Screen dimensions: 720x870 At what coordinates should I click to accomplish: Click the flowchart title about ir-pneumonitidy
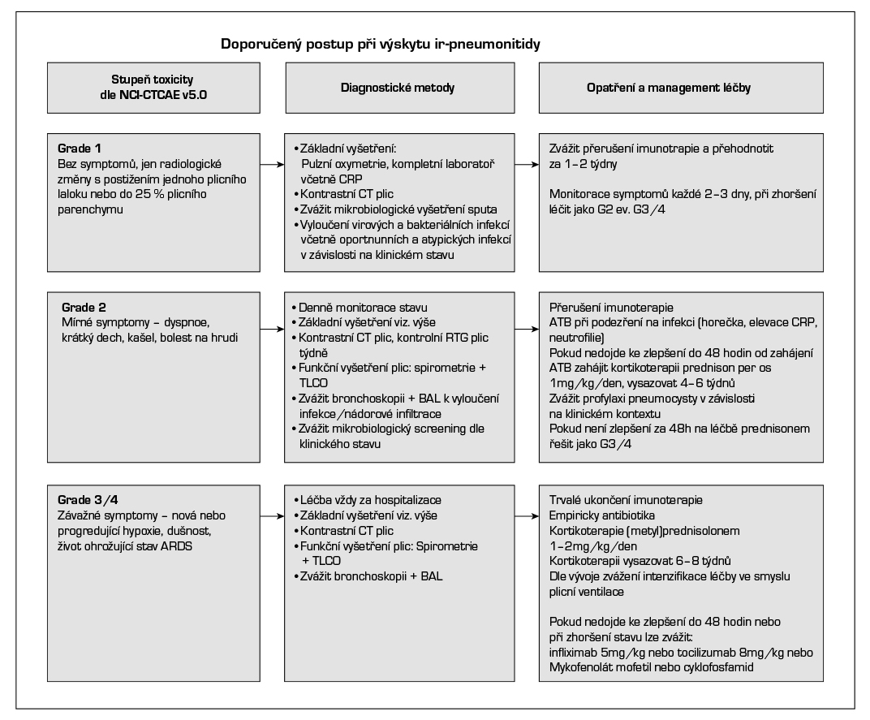click(x=381, y=44)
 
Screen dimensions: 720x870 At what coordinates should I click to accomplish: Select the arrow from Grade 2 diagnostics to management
click(x=531, y=330)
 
